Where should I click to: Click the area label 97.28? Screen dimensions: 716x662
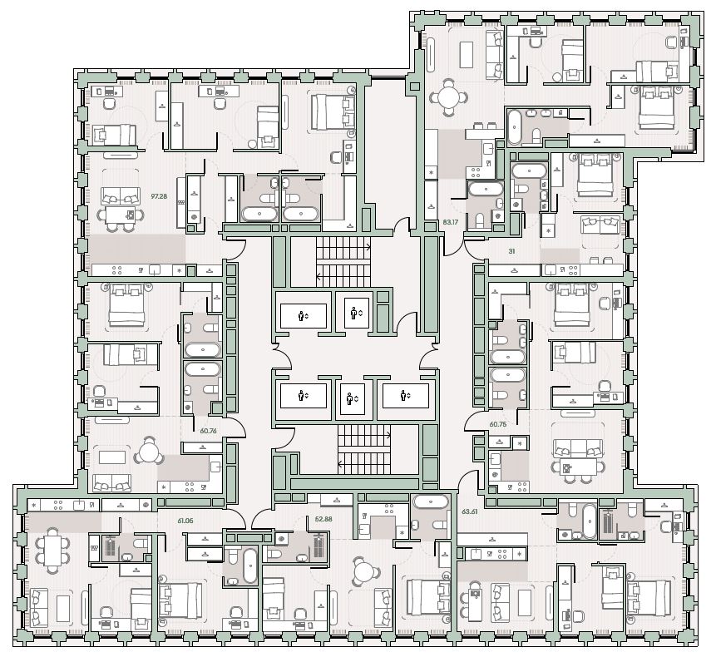point(159,196)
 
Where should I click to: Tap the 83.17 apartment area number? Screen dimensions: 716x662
point(451,222)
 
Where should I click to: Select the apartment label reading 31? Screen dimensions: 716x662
point(511,251)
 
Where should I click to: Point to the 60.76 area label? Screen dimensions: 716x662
point(208,430)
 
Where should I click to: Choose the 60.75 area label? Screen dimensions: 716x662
point(498,424)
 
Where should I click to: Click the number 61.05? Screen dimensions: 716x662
point(185,521)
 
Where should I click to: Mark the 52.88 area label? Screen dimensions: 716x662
point(323,519)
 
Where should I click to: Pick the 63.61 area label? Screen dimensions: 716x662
point(469,511)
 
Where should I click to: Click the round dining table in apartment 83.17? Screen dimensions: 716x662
point(448,97)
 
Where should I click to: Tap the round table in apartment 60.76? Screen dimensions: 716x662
point(149,452)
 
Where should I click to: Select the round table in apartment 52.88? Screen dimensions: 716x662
point(364,571)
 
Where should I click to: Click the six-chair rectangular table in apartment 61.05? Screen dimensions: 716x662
point(52,551)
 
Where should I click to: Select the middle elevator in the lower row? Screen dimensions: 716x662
point(350,398)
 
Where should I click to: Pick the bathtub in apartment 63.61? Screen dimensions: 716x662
point(590,521)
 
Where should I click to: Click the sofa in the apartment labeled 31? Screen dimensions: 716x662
point(600,226)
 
